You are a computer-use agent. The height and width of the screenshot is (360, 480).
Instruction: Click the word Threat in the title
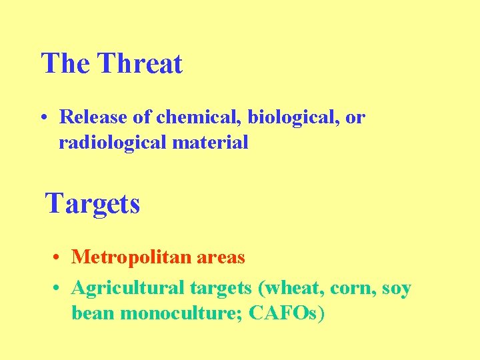coord(139,64)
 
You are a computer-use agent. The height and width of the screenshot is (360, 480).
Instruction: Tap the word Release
coord(93,117)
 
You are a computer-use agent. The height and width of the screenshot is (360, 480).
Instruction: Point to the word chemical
coord(199,117)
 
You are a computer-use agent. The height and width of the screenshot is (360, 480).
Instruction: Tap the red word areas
coord(219,257)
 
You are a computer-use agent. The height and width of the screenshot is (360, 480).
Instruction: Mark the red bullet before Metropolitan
coord(59,257)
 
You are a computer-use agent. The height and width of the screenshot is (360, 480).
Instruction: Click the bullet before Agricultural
coord(59,289)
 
